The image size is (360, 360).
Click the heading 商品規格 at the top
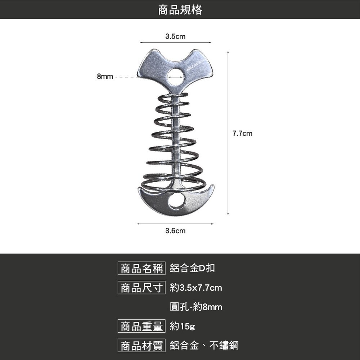[x=180, y=10]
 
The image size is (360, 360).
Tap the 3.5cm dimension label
[x=175, y=36]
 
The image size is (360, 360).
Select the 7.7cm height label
[x=242, y=134]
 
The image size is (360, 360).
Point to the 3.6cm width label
[x=175, y=231]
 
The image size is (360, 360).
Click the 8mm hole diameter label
[x=105, y=76]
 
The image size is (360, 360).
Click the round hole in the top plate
[x=176, y=77]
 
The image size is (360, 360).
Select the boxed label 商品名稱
[x=141, y=269]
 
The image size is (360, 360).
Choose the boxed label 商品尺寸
[x=141, y=288]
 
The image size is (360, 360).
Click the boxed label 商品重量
[x=141, y=326]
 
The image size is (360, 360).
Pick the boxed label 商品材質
[x=141, y=346]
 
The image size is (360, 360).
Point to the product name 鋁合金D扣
[x=192, y=268]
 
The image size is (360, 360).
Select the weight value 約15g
[x=183, y=326]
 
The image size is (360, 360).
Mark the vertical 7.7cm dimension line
[x=228, y=133]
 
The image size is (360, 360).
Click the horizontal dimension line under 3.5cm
[x=176, y=42]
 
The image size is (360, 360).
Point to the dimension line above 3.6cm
[x=175, y=224]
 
